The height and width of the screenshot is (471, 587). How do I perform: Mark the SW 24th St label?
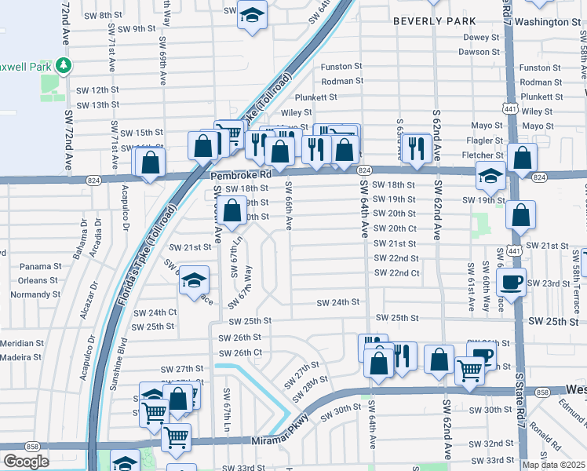pos(337,302)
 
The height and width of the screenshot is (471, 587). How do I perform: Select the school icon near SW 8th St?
pos(252,16)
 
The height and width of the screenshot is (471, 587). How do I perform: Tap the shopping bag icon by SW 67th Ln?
pos(232,210)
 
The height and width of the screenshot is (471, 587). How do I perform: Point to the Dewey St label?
pos(481,38)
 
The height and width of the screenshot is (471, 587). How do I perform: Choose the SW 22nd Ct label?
pos(396,273)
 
